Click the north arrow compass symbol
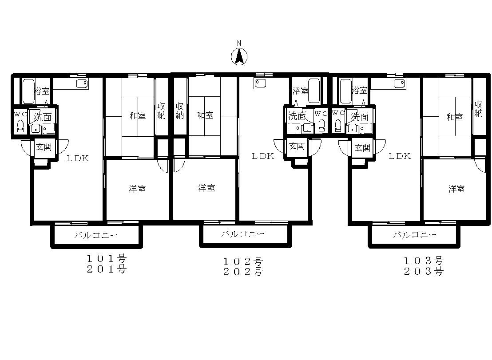tap(239, 57)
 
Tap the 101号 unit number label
tap(107, 259)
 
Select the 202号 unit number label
tap(243, 272)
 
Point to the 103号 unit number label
tap(424, 261)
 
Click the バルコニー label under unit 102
tap(243, 233)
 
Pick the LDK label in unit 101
tap(78, 158)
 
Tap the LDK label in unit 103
tap(400, 156)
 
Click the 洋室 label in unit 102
tap(206, 188)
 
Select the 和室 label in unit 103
tap(455, 117)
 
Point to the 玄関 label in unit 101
tap(44, 147)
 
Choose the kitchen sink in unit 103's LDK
tap(400, 84)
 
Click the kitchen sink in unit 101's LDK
tap(82, 84)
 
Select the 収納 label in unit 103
tap(478, 109)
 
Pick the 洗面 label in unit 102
tap(297, 116)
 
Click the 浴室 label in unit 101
tap(41, 91)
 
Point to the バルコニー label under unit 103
tap(414, 234)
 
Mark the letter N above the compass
tap(239, 43)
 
